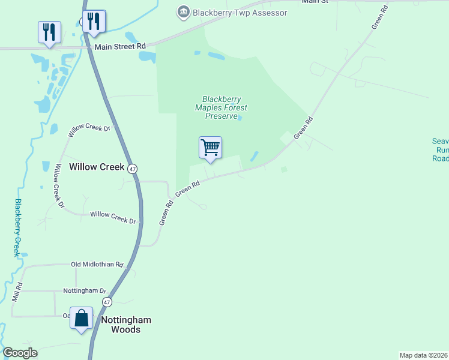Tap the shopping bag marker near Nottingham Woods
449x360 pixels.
point(82,318)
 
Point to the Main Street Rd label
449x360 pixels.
point(120,46)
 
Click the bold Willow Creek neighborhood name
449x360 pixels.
point(97,167)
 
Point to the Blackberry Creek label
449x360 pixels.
point(18,228)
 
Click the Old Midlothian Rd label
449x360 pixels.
point(97,264)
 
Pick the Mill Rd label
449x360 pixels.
point(17,292)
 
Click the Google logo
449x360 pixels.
point(20,353)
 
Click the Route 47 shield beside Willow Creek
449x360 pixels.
point(133,169)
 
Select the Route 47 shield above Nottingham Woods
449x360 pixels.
point(107,302)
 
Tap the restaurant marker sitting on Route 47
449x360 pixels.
point(94,21)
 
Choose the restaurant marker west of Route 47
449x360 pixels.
point(49,32)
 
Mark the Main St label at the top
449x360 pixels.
point(316,2)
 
